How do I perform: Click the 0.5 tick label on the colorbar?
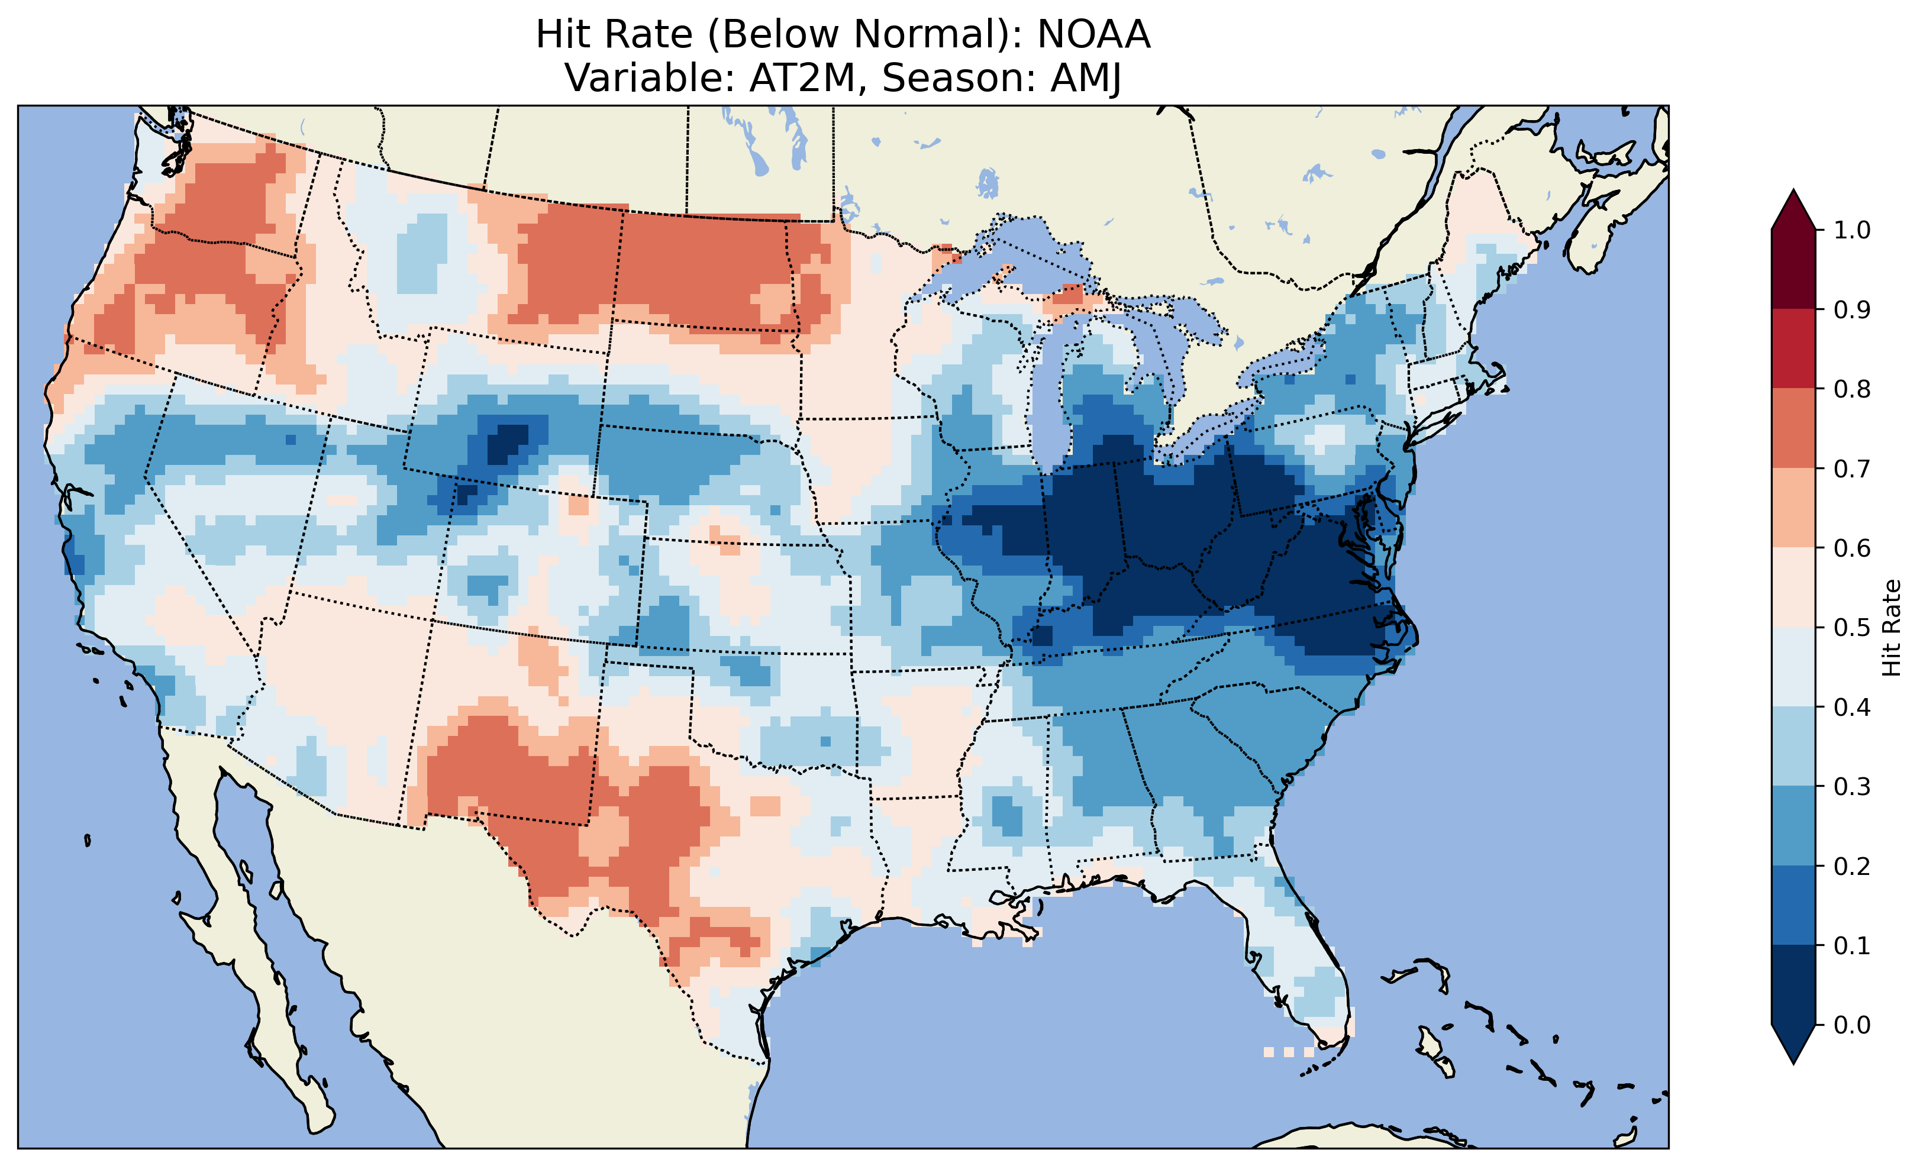point(1852,628)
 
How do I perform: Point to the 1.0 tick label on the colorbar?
point(1852,230)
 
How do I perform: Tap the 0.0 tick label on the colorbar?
point(1852,1025)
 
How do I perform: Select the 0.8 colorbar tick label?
point(1852,389)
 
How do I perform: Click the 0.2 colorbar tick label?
point(1852,866)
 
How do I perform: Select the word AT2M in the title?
point(802,78)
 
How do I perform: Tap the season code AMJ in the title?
point(1086,78)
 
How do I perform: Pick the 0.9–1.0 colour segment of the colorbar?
point(1793,269)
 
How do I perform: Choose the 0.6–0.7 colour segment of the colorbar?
point(1793,508)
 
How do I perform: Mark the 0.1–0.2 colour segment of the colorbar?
point(1793,905)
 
